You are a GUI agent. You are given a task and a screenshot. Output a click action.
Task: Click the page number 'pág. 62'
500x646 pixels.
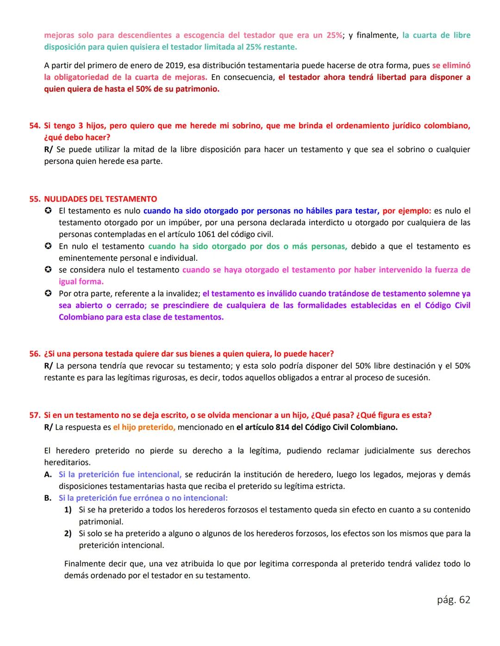click(x=453, y=600)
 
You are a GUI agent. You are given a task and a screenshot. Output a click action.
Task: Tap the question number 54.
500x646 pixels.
click(x=34, y=126)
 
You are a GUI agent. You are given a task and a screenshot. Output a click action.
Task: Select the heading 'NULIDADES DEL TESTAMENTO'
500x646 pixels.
click(x=100, y=199)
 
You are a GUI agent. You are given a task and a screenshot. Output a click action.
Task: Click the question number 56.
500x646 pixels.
click(x=34, y=354)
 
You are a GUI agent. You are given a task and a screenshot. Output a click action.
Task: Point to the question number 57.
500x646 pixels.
click(x=34, y=415)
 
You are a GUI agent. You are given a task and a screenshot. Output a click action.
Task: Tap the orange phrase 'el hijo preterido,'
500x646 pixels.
click(x=144, y=427)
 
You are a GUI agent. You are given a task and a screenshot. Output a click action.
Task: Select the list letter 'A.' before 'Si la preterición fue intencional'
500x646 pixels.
click(x=48, y=474)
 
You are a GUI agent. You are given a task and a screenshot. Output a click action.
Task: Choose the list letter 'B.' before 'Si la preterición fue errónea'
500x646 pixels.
click(x=48, y=498)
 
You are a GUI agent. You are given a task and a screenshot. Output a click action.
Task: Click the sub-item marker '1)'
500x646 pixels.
click(x=68, y=510)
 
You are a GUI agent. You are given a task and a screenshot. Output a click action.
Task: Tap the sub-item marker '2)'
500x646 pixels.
click(x=68, y=534)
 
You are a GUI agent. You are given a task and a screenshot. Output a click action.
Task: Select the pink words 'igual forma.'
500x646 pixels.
click(x=81, y=282)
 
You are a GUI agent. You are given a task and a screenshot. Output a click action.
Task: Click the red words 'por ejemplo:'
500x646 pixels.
click(x=406, y=211)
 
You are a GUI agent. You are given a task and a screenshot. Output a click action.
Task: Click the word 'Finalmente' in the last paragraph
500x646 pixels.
click(x=86, y=564)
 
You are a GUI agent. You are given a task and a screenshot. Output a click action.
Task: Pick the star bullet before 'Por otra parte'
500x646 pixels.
click(x=48, y=294)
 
